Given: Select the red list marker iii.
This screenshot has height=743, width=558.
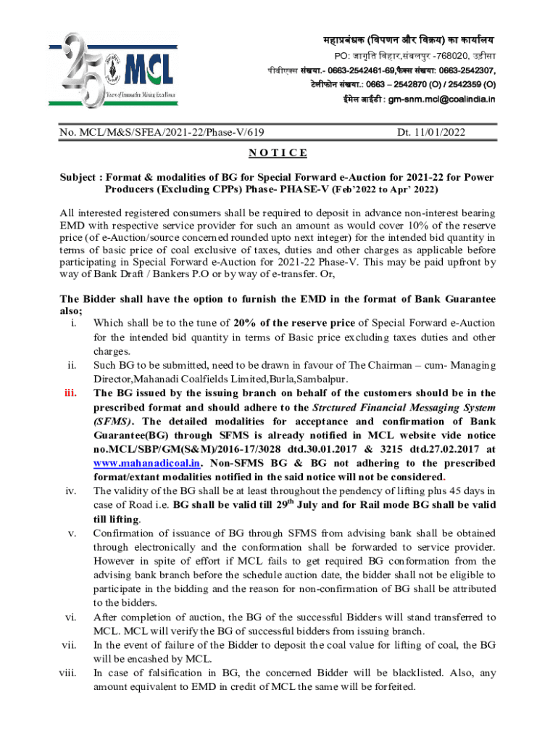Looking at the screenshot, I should [72, 393].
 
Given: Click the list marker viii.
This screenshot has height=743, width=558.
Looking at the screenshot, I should [69, 673].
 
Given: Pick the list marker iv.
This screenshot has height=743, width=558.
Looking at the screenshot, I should [72, 491].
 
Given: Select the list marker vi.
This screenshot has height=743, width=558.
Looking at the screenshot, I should [71, 617].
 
